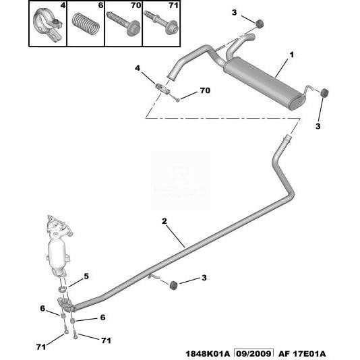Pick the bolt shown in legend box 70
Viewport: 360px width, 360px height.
[123, 23]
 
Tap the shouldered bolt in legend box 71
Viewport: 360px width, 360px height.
[161, 22]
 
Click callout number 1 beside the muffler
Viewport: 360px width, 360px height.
[291, 55]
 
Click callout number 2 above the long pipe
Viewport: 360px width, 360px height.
[164, 221]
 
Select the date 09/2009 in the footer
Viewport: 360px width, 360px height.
[253, 353]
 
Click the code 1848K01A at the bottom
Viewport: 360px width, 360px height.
[208, 354]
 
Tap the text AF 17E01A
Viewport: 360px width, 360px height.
[302, 354]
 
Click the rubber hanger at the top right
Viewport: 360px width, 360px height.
[260, 24]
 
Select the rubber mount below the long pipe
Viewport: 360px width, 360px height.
[173, 285]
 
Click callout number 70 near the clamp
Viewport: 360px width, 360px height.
[205, 90]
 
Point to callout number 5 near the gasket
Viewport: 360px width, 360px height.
[86, 276]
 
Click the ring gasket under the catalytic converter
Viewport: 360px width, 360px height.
[63, 289]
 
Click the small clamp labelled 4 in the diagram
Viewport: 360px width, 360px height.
[162, 89]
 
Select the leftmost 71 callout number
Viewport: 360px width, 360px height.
[41, 347]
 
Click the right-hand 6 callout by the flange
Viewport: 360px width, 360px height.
[103, 318]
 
